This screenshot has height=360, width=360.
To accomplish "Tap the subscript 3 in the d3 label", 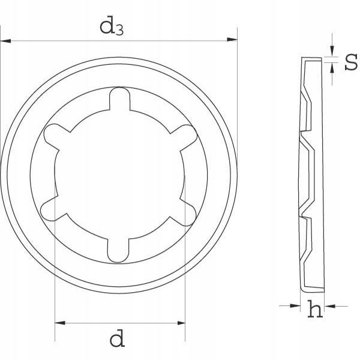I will [x=119, y=31].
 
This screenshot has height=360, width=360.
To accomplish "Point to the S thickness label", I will [x=351, y=62].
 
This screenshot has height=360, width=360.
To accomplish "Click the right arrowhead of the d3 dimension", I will [x=232, y=41].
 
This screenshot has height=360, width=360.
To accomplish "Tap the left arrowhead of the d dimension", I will [x=59, y=323].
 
